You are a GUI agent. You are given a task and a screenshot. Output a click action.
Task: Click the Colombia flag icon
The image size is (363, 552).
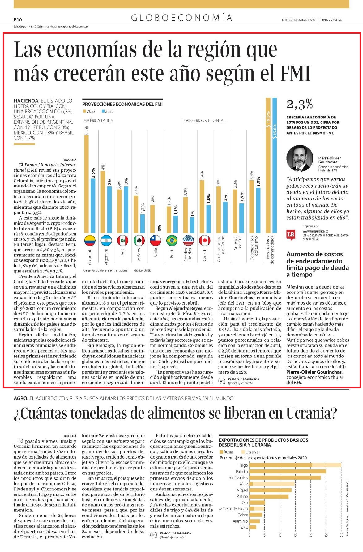coord(90,240)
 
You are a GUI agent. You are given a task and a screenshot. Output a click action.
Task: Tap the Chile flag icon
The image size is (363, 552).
coord(156,240)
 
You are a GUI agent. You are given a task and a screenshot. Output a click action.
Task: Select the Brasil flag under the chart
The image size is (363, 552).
coord(172,240)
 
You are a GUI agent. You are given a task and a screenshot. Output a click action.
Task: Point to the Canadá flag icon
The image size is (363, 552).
coord(205,240)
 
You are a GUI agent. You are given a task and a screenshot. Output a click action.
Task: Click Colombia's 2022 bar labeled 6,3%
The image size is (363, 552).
coord(86,184)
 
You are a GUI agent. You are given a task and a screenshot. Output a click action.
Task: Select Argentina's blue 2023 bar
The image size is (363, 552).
coord(109,210)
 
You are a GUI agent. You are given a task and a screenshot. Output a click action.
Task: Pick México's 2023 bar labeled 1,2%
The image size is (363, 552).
coord(142,224)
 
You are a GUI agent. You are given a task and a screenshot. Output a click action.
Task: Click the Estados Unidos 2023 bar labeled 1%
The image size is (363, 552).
coord(192,225)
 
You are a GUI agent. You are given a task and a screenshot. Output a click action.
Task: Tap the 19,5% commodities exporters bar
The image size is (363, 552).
coord(268,165)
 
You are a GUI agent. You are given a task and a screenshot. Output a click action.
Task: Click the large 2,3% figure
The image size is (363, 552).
coord(300,104)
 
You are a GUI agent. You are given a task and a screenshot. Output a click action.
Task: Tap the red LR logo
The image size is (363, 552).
coord(291,235)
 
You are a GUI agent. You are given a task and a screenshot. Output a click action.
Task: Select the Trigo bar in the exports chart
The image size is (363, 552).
coord(295,465)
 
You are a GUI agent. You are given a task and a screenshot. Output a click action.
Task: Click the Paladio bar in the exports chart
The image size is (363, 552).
coord(288,471)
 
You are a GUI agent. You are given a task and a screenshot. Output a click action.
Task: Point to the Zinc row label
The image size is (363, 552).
coord(244,527)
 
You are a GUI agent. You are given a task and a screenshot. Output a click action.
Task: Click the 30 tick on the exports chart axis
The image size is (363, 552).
coord(341,535)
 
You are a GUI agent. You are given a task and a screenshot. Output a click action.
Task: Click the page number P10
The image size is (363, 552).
coord(18,19)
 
